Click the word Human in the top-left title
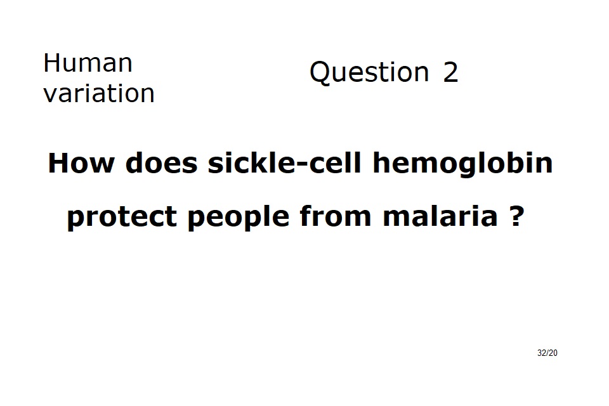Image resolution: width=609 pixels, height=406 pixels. (x=88, y=63)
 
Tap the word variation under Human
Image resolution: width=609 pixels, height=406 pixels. (x=99, y=93)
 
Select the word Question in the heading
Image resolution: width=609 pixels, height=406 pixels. (x=369, y=73)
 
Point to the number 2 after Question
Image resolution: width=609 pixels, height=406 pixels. (x=450, y=72)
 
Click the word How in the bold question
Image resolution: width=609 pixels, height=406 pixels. (x=81, y=163)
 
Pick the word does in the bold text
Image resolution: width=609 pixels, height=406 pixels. (x=162, y=163)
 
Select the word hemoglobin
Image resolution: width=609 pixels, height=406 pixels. (x=462, y=164)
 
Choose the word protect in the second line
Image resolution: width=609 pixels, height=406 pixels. (x=122, y=217)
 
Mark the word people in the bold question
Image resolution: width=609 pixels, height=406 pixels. (x=239, y=217)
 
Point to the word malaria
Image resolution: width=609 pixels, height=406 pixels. (x=440, y=216)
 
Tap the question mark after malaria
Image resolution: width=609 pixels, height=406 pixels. (x=516, y=216)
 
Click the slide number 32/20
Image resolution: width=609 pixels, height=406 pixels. (x=547, y=353)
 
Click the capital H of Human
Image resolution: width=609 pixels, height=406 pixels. (x=51, y=63)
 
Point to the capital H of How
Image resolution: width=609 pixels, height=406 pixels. (x=58, y=163)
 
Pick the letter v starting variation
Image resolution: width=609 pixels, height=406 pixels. (x=50, y=96)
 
